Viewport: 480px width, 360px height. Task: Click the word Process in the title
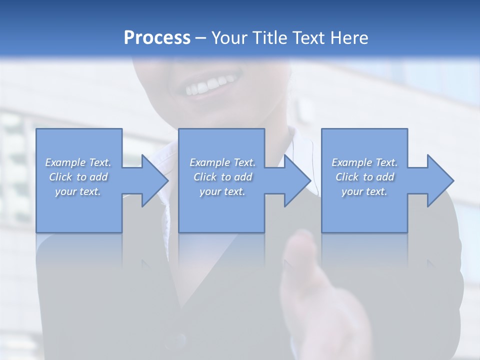tap(157, 38)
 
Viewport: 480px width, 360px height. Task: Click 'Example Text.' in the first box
tap(78, 162)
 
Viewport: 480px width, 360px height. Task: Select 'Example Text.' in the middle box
tap(222, 162)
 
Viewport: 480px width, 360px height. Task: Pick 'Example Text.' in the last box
tap(364, 162)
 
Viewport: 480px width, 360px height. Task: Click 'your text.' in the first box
tap(78, 191)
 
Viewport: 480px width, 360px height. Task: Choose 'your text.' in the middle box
tap(222, 191)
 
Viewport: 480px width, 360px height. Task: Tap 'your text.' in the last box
tap(364, 191)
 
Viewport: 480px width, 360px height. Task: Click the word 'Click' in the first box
tap(60, 177)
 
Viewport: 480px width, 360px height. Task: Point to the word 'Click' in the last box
tap(347, 177)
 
